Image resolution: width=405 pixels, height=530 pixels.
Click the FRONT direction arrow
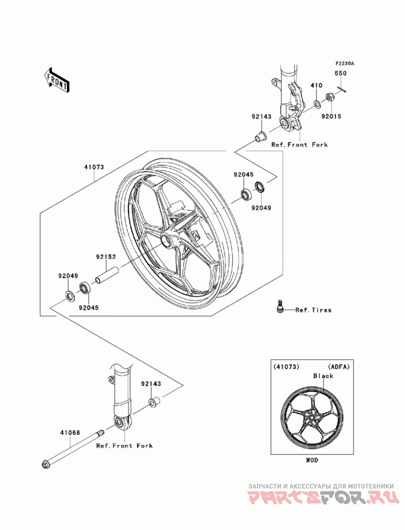pyautogui.click(x=57, y=80)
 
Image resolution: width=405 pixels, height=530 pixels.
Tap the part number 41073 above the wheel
pyautogui.click(x=94, y=167)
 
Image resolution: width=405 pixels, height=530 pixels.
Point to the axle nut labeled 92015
pyautogui.click(x=330, y=98)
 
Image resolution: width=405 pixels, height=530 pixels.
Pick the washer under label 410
pyautogui.click(x=317, y=104)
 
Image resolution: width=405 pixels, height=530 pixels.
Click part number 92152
pyautogui.click(x=105, y=257)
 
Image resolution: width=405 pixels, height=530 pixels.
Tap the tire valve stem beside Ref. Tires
pyautogui.click(x=279, y=308)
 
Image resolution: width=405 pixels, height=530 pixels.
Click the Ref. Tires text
pyautogui.click(x=313, y=310)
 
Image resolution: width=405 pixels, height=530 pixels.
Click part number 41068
pyautogui.click(x=70, y=432)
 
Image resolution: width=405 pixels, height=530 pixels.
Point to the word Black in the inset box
pyautogui.click(x=323, y=376)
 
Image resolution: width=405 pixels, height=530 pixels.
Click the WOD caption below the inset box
pyautogui.click(x=312, y=460)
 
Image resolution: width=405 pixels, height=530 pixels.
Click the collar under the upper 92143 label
pyautogui.click(x=261, y=136)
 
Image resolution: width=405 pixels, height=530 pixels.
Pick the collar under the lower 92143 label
pyautogui.click(x=154, y=402)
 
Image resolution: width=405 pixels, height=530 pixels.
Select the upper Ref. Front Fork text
pyautogui.click(x=300, y=145)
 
